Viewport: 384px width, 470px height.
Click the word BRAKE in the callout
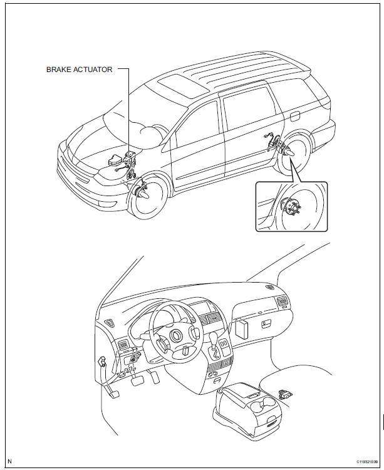coord(59,70)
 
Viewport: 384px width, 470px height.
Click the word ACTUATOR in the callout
coord(94,70)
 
